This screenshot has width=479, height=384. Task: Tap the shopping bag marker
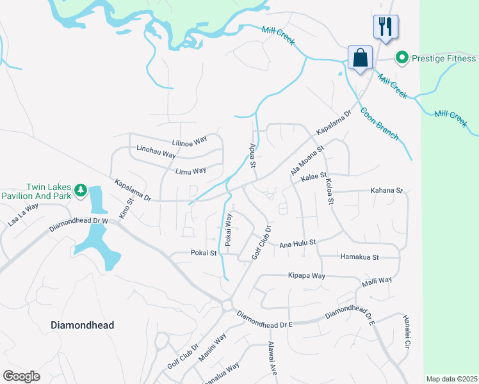point(361,58)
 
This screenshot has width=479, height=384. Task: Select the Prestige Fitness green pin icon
point(402,59)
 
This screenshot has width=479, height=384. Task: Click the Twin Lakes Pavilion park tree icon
point(81,189)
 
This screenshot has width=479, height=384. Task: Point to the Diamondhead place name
point(82,325)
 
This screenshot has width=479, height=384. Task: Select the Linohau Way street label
point(156,154)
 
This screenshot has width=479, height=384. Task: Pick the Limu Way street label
point(190,171)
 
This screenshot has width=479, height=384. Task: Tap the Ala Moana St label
point(308,159)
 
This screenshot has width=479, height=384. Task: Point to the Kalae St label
point(314,175)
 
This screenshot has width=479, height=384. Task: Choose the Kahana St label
point(386,190)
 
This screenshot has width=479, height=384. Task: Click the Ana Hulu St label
point(298,243)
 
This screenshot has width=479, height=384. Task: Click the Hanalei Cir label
point(406,332)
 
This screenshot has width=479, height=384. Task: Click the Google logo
point(21,376)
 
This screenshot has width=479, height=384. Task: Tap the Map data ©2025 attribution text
point(451,379)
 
